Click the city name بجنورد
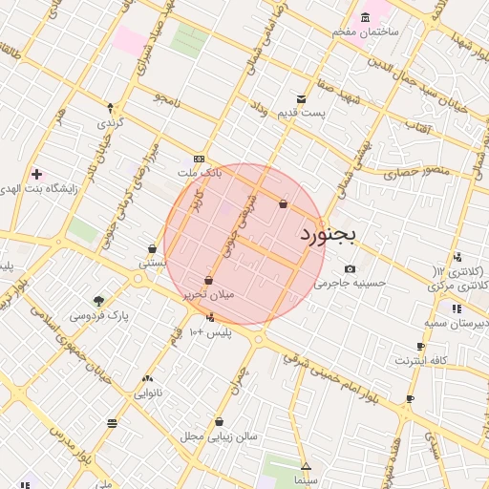[x=328, y=234]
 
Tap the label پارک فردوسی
[x=97, y=314]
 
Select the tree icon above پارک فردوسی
[x=98, y=300]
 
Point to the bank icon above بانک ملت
[x=199, y=159]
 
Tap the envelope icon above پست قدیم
[x=302, y=98]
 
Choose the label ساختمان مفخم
[x=365, y=32]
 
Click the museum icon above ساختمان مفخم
[x=366, y=17]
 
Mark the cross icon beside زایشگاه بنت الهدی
[x=36, y=175]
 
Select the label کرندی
[x=110, y=123]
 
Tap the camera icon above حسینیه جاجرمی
[x=351, y=268]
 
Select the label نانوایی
[x=146, y=393]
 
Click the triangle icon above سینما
[x=306, y=467]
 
